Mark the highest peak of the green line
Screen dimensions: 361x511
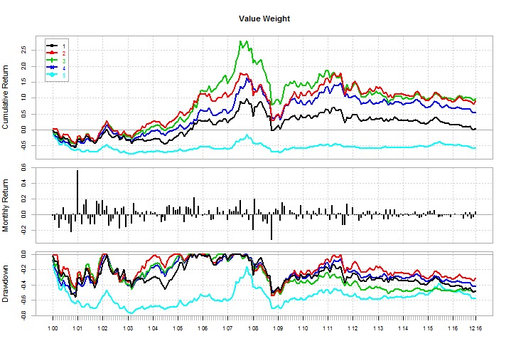[x=243, y=41]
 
